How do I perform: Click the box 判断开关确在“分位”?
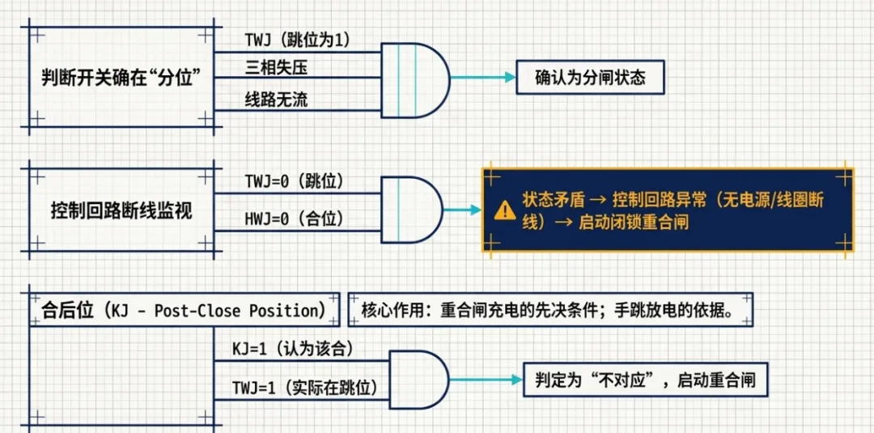(121, 78)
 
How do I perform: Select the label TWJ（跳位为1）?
(298, 39)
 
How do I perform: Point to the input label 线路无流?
(276, 100)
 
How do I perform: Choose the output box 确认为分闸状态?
(589, 78)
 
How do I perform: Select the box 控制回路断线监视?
(121, 210)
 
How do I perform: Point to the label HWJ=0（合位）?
(295, 219)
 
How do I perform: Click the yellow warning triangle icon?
(505, 211)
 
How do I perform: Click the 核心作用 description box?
(550, 311)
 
